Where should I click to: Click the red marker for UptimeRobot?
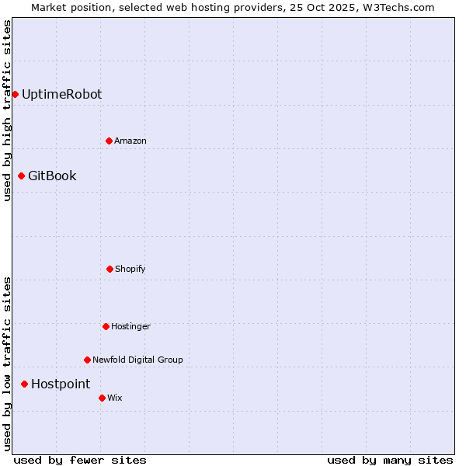[x=15, y=94]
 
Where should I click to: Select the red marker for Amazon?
[x=109, y=141]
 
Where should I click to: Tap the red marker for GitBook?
[x=21, y=176]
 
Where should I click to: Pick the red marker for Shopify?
[x=110, y=269]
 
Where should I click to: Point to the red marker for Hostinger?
[x=106, y=326]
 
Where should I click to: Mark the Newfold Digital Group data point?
[x=87, y=360]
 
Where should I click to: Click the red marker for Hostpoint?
[x=24, y=384]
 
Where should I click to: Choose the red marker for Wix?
[x=102, y=398]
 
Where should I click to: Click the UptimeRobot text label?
[x=61, y=95]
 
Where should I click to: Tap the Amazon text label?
[x=130, y=141]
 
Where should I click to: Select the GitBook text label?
[x=52, y=176]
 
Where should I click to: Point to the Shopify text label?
[x=130, y=270]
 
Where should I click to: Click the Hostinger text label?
[x=130, y=327]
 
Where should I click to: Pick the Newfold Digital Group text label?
[x=137, y=360]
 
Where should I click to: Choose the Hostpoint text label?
[x=61, y=384]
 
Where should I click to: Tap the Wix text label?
[x=115, y=398]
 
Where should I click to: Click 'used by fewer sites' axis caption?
[x=80, y=460]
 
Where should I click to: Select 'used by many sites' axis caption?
[x=390, y=460]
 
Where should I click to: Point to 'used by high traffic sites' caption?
[x=7, y=111]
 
